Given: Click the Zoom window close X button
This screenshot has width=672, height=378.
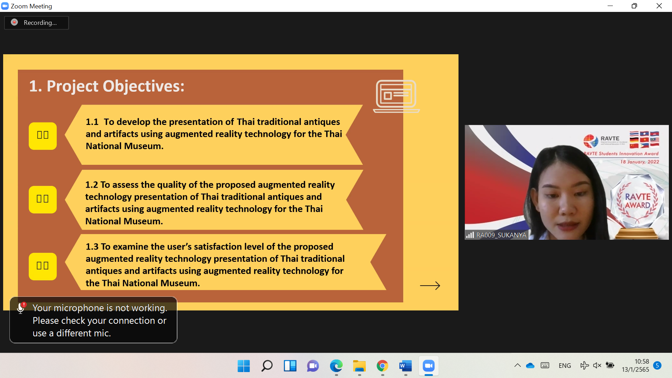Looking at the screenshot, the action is coord(659,6).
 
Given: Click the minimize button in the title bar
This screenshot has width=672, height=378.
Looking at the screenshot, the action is coord(610,6).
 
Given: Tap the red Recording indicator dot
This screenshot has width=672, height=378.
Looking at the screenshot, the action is coord(14,22).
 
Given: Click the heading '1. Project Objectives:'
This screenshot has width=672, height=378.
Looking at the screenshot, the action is coord(107,86).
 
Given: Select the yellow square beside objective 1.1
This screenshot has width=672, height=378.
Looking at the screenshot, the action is coord(43,136).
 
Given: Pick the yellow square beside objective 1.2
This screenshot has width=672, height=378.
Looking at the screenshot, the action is coord(43,199).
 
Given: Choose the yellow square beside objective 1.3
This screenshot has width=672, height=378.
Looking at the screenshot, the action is coord(43,266).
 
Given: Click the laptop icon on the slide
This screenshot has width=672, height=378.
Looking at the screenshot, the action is coord(396,96).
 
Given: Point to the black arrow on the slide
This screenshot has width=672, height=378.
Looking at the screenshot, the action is coord(430,286).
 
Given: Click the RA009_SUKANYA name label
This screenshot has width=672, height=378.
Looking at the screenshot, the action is coord(501,235).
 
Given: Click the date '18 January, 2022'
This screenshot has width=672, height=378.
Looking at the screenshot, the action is coord(640,162).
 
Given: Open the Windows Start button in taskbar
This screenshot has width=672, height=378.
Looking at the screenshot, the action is coord(244,366).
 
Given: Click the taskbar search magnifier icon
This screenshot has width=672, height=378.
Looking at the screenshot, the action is coord(267,366).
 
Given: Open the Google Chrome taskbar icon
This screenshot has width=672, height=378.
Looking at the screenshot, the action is coord(383,366).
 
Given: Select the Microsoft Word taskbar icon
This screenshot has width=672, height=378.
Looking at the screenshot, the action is coord(406,366).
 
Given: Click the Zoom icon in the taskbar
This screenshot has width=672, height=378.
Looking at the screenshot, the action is coord(429,366).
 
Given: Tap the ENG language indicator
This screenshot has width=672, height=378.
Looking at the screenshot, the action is coord(565,366).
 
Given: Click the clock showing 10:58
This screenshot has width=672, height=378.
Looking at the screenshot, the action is coord(642,362).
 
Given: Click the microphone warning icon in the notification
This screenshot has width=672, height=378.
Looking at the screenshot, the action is coord(21,308).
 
